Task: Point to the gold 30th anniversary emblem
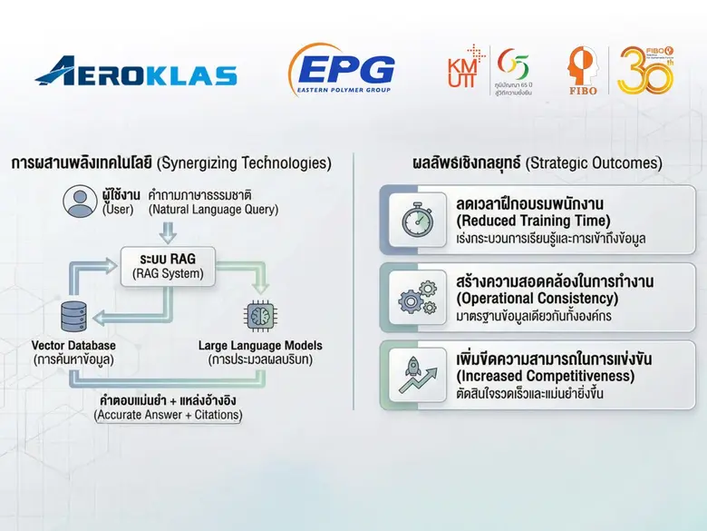(x=646, y=71)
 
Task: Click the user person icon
(x=80, y=202)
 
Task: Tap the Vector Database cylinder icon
(x=74, y=314)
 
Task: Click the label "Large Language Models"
(x=260, y=346)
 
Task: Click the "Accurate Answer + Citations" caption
(x=168, y=415)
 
